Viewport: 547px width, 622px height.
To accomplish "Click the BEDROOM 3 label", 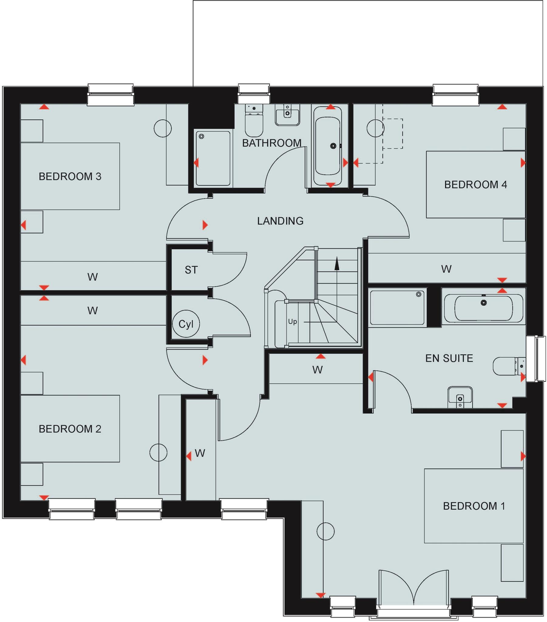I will pyautogui.click(x=70, y=176).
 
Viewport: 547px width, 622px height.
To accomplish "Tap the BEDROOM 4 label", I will pyautogui.click(x=475, y=185).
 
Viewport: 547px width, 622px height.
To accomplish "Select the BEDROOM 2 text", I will pyautogui.click(x=70, y=429).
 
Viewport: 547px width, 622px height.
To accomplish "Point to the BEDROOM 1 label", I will pyautogui.click(x=474, y=506).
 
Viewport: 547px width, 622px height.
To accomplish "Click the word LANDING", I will pyautogui.click(x=280, y=221).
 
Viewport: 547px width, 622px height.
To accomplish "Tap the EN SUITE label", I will pyautogui.click(x=449, y=358).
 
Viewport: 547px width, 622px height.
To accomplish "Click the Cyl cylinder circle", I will pyautogui.click(x=186, y=324).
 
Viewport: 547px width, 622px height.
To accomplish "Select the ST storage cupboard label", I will pyautogui.click(x=191, y=270).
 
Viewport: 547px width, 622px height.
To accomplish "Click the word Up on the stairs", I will pyautogui.click(x=292, y=321).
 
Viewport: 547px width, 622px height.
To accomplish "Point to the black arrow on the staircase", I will pyautogui.click(x=337, y=264).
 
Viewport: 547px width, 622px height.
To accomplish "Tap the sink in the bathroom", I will pyautogui.click(x=287, y=115).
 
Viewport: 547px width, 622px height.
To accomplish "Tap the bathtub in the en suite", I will pyautogui.click(x=484, y=308).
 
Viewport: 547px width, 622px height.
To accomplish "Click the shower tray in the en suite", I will pyautogui.click(x=397, y=307).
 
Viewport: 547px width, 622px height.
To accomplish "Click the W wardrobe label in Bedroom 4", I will pyautogui.click(x=446, y=269).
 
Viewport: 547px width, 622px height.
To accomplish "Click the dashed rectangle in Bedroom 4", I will pyautogui.click(x=392, y=134).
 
